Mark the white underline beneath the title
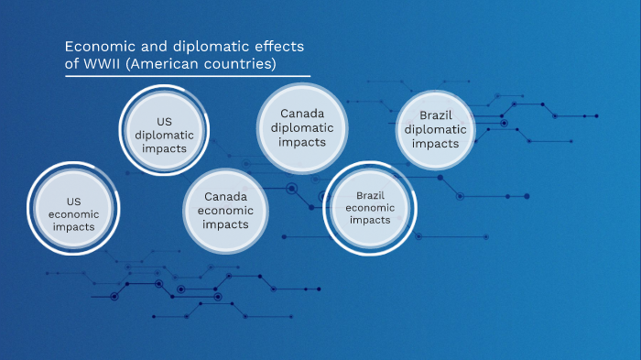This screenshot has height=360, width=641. tap(188, 77)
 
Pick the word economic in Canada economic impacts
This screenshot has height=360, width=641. tap(225, 211)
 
